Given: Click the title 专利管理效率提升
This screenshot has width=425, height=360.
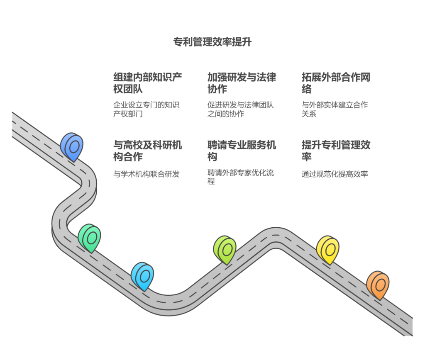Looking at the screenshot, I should point(212,42).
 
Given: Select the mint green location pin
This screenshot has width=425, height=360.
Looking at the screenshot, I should point(90,238).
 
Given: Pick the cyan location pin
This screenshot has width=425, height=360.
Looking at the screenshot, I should point(142,276).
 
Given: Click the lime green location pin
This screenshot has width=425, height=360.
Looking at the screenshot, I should point(225,250).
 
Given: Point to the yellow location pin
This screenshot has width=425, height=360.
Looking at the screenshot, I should point(328,250).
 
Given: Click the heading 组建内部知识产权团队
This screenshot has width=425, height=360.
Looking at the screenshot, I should point(147,83).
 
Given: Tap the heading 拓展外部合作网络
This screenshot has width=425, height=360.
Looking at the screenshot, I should point(336,83).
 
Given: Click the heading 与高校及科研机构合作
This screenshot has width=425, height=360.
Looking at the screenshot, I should point(147,151).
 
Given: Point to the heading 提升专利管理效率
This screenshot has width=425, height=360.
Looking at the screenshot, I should point(336,151).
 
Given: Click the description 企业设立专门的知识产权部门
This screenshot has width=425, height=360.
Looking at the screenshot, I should point(146,109).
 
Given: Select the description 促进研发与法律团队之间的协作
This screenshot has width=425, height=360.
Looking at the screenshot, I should point(240,109).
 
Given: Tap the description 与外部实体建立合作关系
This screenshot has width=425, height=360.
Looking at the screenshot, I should point(335,109).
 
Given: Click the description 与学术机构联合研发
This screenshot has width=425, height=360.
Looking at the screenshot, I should point(146,174).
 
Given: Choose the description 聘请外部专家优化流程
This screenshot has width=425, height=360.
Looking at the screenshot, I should point(240,177).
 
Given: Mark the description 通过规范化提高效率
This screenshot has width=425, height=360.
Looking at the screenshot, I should point(335,174).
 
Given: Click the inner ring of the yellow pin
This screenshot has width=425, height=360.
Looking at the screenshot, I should point(330,249).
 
